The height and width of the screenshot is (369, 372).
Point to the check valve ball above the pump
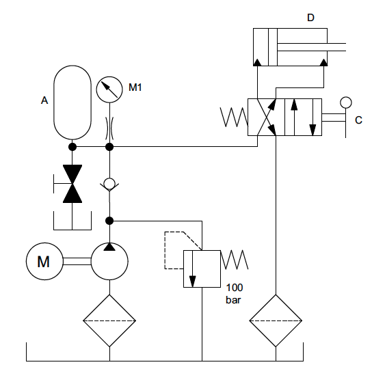click(109, 183)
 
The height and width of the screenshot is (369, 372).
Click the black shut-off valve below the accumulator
click(72, 184)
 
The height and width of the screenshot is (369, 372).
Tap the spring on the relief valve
click(235, 260)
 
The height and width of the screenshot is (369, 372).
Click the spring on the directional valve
click(234, 117)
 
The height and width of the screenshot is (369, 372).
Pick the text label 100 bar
click(234, 294)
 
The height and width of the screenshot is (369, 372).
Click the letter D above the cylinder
click(310, 18)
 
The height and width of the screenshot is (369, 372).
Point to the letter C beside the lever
click(358, 120)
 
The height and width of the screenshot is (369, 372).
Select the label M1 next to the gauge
click(135, 87)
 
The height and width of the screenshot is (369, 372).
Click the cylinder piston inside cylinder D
click(273, 47)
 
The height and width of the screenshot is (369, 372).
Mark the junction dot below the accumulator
click(72, 147)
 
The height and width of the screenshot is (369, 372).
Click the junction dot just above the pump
click(109, 221)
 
